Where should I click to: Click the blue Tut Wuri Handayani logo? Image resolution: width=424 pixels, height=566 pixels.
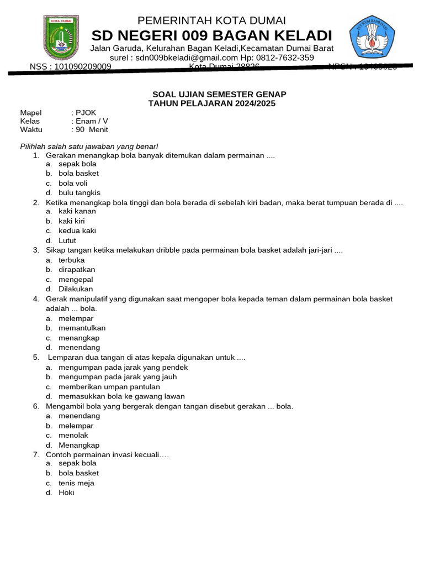(x=372, y=37)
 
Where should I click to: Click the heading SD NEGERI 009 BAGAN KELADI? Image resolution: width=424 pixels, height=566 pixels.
(x=211, y=36)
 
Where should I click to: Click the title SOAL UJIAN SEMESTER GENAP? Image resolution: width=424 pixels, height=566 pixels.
(x=219, y=95)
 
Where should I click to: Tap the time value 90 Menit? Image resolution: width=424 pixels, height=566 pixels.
(x=92, y=130)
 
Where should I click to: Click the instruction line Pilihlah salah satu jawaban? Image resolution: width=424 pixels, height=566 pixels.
(x=89, y=146)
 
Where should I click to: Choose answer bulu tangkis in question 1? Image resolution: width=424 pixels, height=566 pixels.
(x=79, y=193)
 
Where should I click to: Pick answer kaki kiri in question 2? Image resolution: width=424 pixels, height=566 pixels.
(x=72, y=221)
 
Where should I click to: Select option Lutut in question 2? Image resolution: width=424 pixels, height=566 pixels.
(x=67, y=240)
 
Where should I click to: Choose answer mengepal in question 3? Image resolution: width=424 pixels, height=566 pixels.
(x=75, y=279)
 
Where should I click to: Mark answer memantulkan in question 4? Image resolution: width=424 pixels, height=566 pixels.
(x=82, y=328)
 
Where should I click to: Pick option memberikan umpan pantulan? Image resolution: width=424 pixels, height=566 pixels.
(x=109, y=387)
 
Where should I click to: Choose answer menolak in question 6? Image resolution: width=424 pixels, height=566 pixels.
(x=73, y=436)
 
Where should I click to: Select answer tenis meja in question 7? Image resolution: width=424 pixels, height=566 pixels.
(x=76, y=483)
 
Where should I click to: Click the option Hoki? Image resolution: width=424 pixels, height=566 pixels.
(x=66, y=492)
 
